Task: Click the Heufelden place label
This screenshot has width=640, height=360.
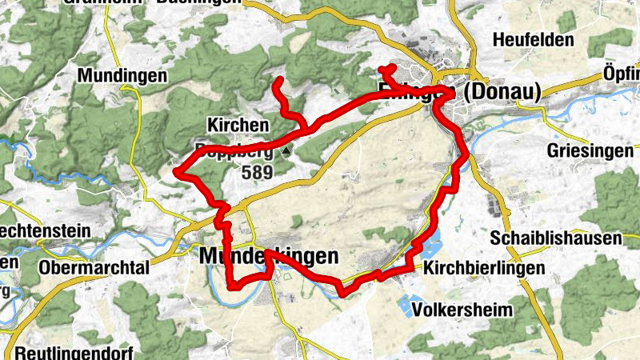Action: tap(534, 40)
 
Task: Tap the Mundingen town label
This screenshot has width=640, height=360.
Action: tap(122, 76)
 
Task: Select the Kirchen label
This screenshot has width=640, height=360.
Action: tap(237, 126)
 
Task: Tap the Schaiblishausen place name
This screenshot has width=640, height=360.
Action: tap(556, 238)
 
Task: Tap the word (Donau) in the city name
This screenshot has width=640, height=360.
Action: tap(502, 93)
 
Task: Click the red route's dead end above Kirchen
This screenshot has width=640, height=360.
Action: tap(278, 81)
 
